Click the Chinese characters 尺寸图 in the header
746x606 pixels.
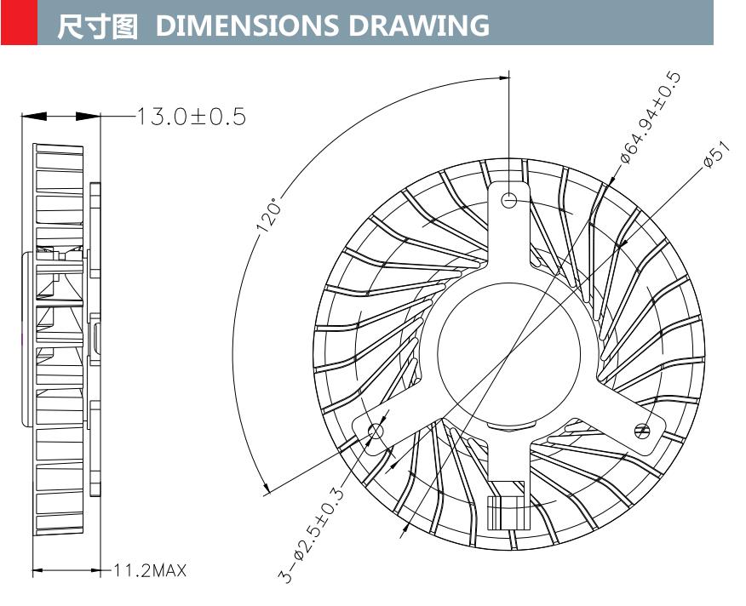[96, 26]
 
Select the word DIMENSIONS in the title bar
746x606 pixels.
[244, 26]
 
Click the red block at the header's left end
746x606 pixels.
[18, 22]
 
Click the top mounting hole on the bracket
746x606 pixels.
[509, 200]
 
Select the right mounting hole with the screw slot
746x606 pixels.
[643, 432]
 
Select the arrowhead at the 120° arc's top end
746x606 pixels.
[502, 75]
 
